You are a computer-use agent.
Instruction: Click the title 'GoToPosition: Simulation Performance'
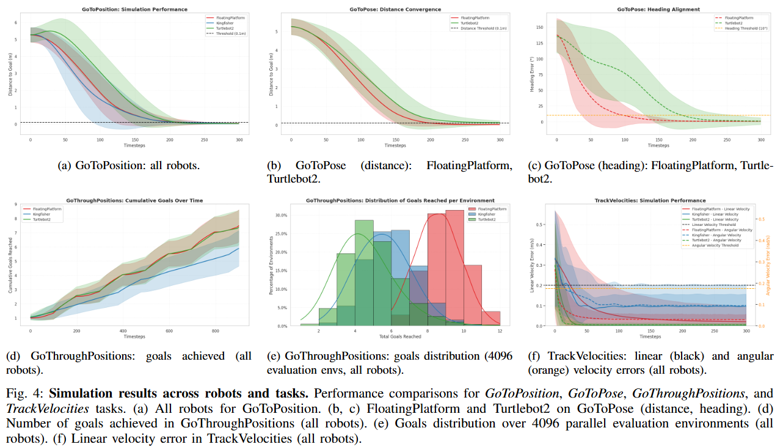coord(134,9)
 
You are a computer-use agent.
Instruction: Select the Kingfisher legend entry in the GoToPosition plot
coord(226,23)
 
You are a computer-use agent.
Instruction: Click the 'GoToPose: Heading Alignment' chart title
coord(650,9)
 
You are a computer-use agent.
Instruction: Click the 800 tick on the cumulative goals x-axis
coord(214,330)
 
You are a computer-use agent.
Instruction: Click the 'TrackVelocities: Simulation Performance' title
coord(650,200)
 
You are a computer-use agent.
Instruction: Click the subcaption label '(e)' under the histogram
coord(275,356)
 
